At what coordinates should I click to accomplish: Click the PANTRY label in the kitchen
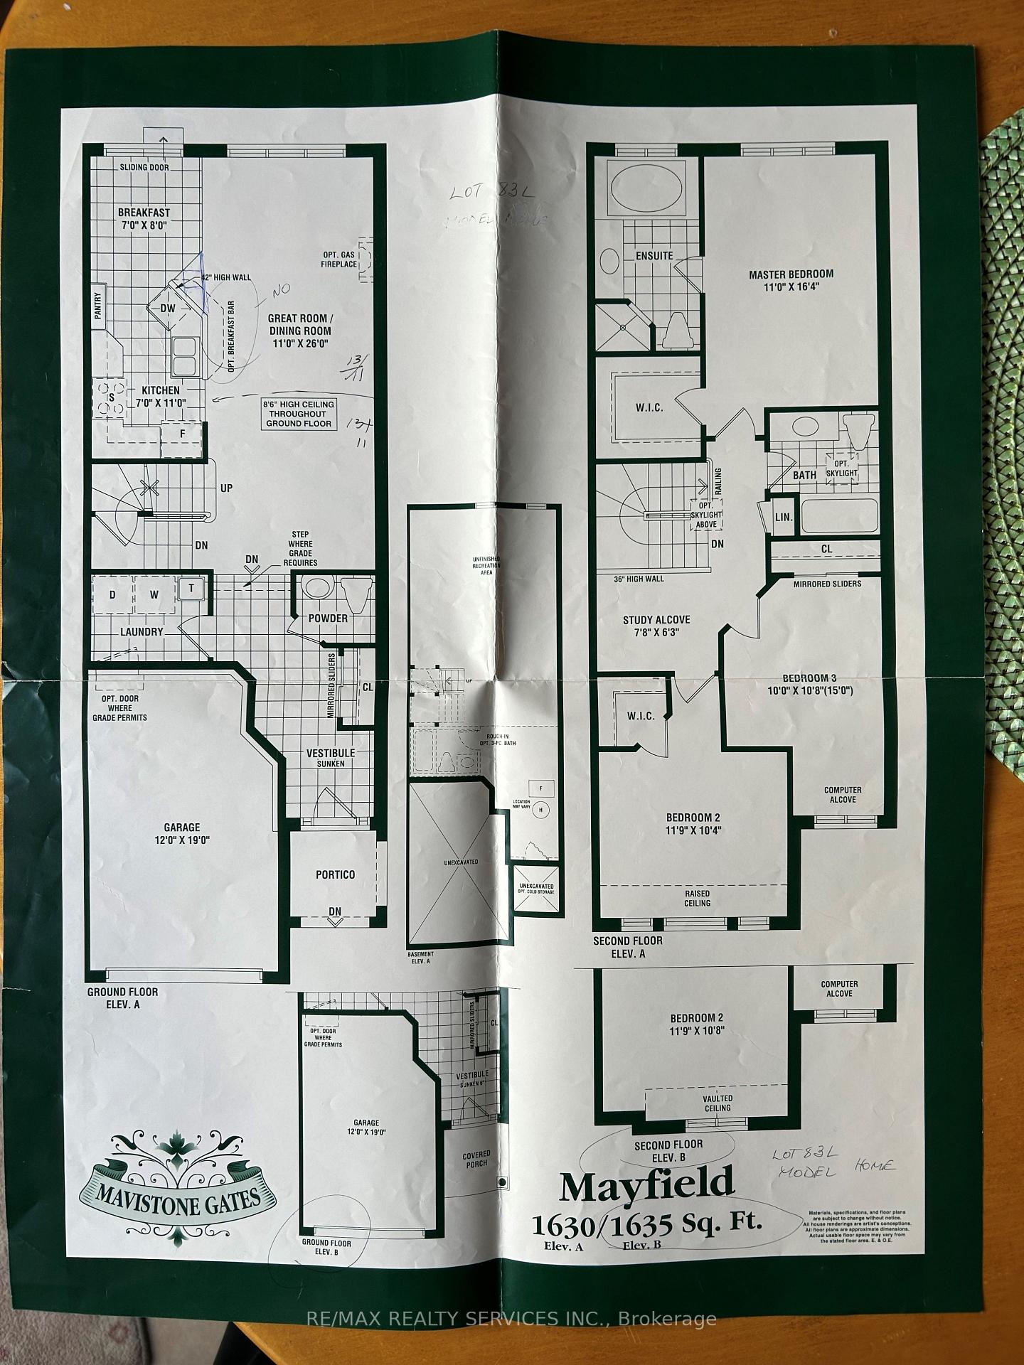(97, 305)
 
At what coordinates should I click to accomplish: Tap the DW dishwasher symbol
(167, 308)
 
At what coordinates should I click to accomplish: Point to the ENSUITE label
(654, 255)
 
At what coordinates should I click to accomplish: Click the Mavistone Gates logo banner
(178, 1195)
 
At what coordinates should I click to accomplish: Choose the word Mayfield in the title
(646, 1184)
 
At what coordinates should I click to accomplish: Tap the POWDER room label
(328, 618)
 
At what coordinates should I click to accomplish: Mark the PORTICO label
(336, 874)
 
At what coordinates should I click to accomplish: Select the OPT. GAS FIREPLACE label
(339, 259)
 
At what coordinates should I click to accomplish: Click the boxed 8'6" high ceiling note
(299, 414)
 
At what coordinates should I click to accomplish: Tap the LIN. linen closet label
(784, 517)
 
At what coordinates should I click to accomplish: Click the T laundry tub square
(191, 588)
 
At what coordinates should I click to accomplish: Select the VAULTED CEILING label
(718, 1103)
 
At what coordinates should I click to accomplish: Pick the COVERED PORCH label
(476, 1159)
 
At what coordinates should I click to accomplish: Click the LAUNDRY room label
(142, 631)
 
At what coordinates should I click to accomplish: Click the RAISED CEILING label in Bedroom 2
(698, 899)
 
